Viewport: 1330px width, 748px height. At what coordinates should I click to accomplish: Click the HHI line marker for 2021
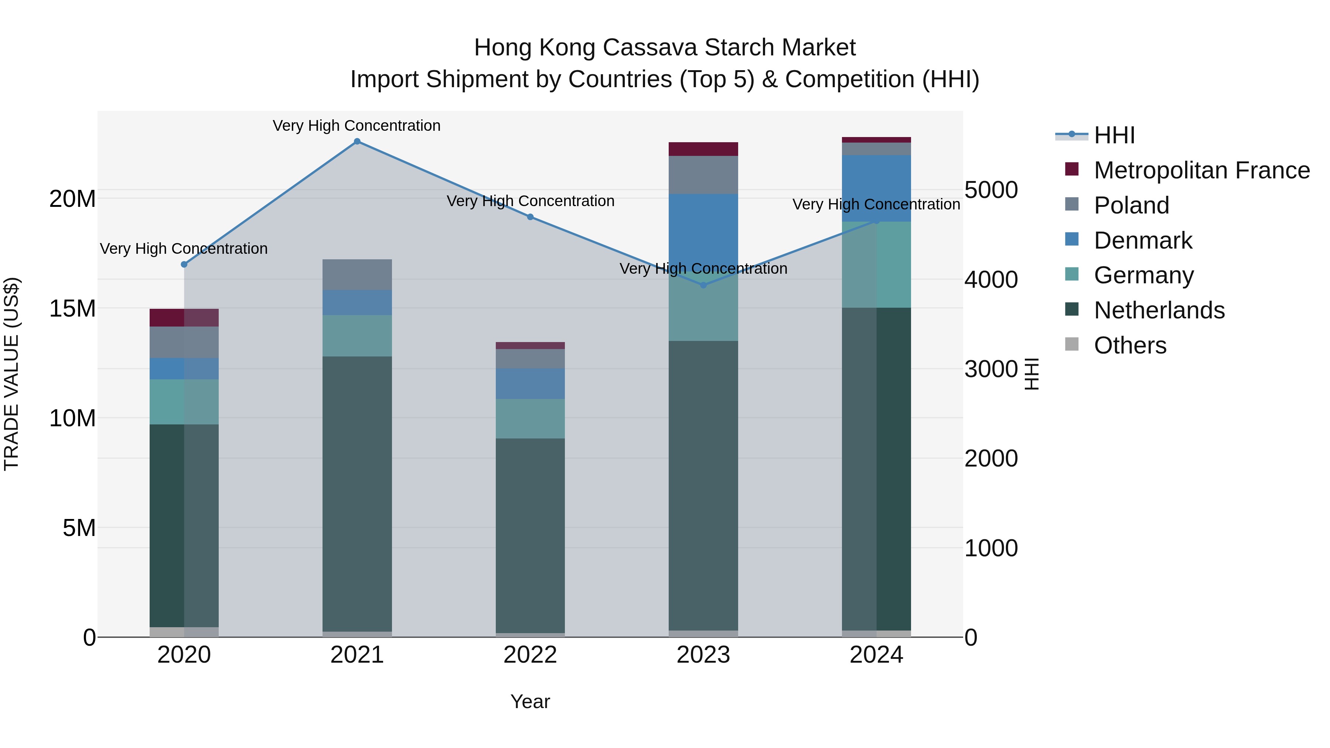coord(357,141)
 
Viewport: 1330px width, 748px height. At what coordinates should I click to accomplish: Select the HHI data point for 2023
coord(703,285)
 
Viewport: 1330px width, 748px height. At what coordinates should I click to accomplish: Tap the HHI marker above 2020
coord(184,264)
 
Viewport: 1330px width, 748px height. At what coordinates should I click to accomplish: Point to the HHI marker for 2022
coord(530,217)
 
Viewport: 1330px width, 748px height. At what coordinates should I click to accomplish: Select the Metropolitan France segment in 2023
coord(703,148)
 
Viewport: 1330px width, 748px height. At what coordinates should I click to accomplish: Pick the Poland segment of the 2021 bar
coord(357,274)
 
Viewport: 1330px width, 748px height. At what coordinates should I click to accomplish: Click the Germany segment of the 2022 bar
coord(530,419)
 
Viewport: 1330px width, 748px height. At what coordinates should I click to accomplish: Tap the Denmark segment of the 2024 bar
coord(876,188)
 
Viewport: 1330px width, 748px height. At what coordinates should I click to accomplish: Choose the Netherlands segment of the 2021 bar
coord(357,493)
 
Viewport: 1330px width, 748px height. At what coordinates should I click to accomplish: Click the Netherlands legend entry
coord(1159,310)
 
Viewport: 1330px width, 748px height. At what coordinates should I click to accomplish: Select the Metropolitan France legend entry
coord(1201,170)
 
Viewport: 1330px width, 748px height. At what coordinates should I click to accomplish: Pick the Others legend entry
coord(1130,345)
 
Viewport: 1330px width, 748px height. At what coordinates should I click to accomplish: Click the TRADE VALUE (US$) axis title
coord(11,374)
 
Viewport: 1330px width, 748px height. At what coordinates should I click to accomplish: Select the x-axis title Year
coord(530,701)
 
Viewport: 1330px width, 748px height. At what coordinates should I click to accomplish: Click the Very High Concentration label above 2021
coord(357,126)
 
